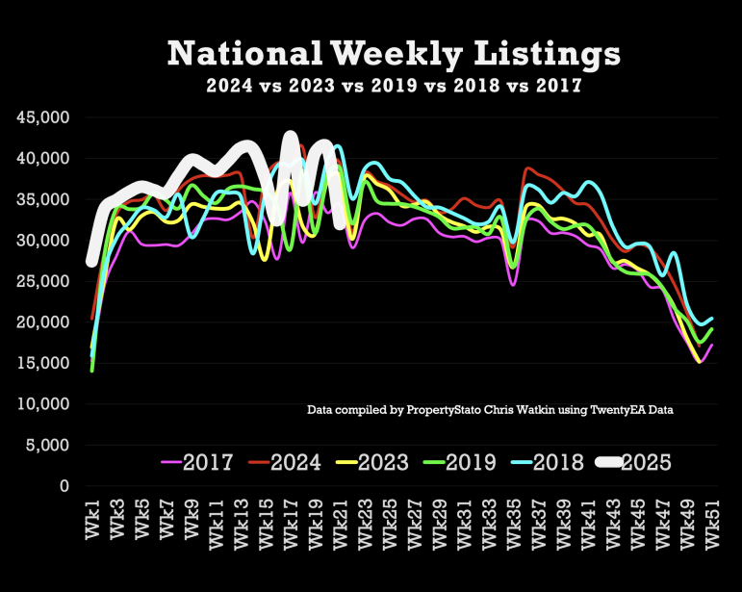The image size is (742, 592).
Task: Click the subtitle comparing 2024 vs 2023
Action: pyautogui.click(x=394, y=85)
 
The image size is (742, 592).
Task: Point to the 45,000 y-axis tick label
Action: pyautogui.click(x=43, y=117)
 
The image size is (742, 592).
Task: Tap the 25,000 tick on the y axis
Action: pyautogui.click(x=43, y=281)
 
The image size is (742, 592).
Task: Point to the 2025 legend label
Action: pyautogui.click(x=647, y=461)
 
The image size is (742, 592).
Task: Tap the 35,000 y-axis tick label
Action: pyautogui.click(x=43, y=199)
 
